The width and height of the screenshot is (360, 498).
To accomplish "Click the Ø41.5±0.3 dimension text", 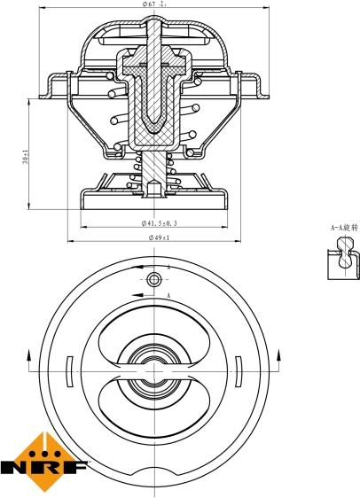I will tap(159, 224).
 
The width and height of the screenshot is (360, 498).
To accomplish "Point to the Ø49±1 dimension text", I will tap(159, 237).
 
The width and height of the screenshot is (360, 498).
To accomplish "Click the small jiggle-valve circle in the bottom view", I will tap(155, 280).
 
